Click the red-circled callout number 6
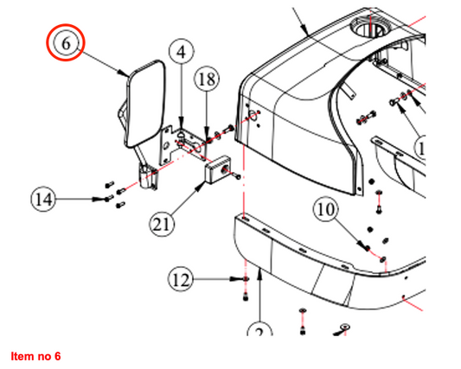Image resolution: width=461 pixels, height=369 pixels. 66,43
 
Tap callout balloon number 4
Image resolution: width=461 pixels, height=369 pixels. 182,51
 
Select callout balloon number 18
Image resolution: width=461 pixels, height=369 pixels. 207,79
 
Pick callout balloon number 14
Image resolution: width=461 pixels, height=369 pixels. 43,199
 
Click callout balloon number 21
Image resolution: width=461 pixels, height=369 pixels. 162,225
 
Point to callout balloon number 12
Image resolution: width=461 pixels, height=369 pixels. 181,279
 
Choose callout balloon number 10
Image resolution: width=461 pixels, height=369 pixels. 326,209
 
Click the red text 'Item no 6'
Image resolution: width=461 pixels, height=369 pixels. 35,356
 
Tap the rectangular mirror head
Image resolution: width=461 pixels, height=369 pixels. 146,104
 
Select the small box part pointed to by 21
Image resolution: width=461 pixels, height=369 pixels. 218,169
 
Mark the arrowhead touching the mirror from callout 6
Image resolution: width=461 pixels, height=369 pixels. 124,73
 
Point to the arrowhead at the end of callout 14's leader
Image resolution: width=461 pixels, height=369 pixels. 98,199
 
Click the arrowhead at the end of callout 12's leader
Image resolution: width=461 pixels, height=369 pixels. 236,279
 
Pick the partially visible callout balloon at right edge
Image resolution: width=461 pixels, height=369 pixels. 419,148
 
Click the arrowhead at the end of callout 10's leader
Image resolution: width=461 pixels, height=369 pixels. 363,245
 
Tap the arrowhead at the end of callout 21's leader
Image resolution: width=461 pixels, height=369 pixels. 201,187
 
